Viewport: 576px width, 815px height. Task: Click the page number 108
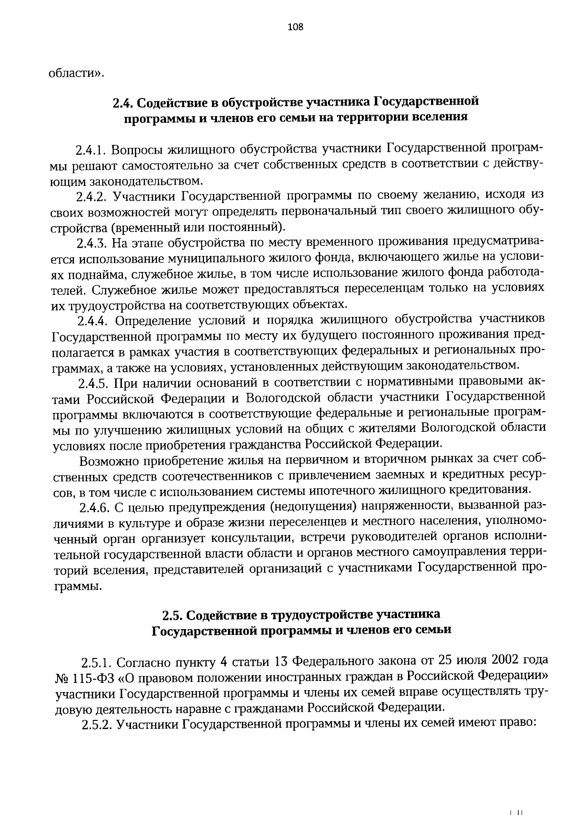[295, 27]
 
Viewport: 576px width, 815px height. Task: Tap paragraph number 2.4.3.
[92, 243]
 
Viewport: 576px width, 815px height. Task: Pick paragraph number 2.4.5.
[95, 382]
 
